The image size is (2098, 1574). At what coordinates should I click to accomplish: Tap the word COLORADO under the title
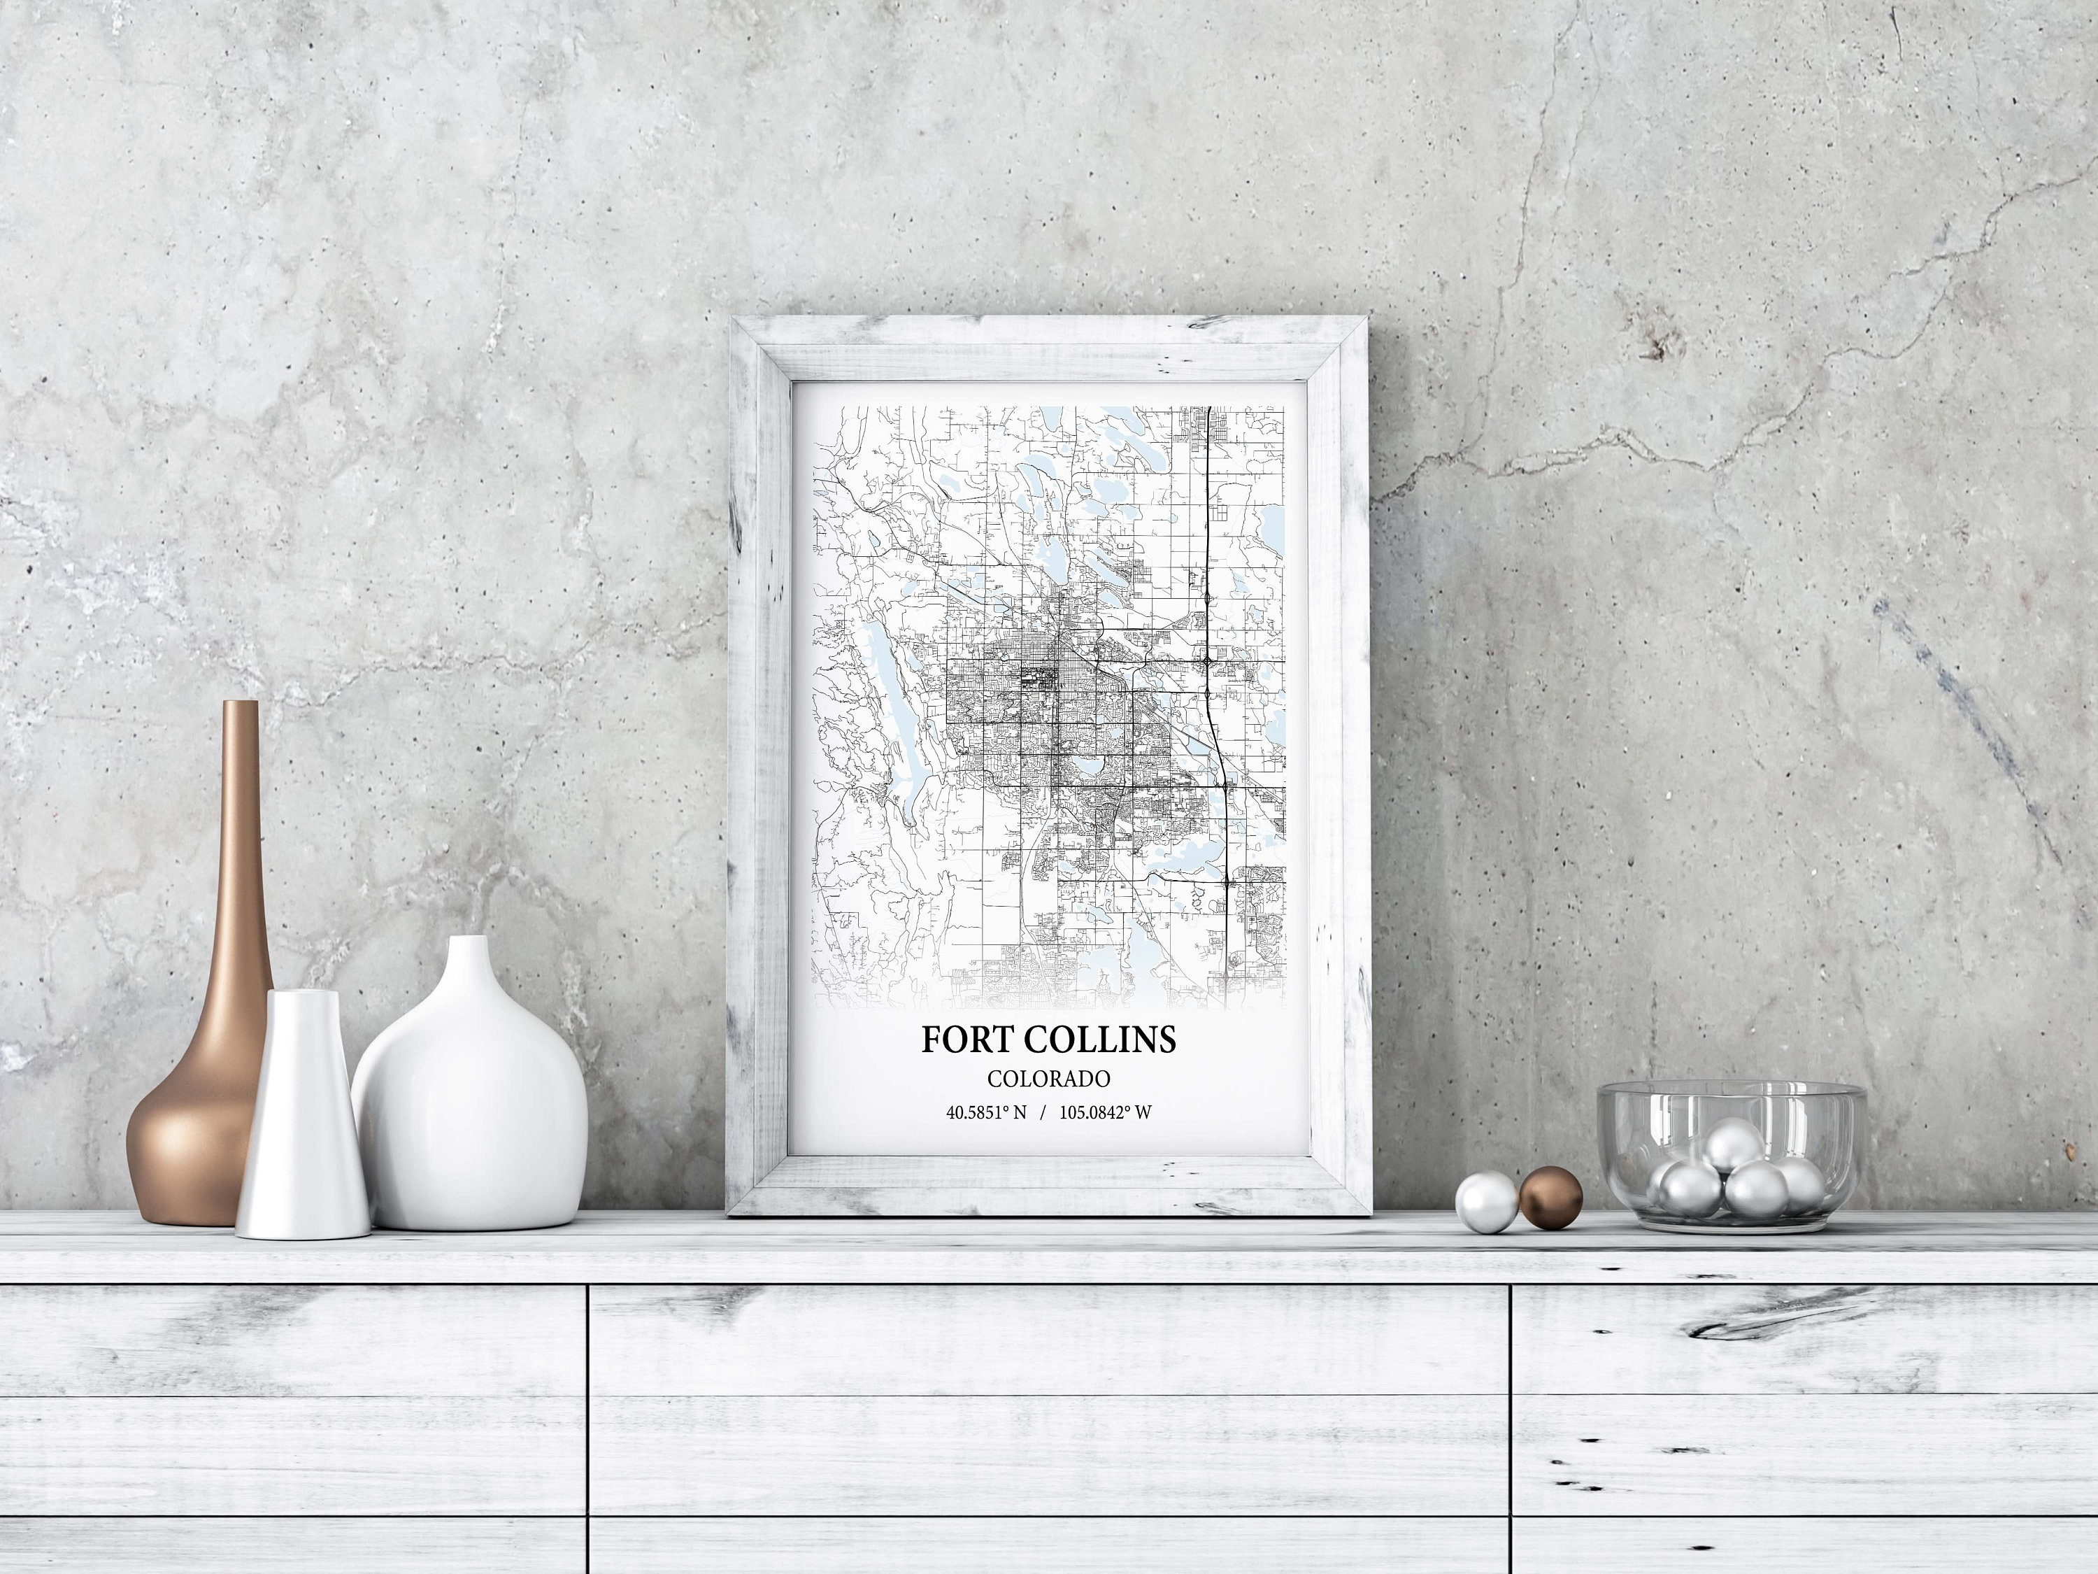point(1048,1079)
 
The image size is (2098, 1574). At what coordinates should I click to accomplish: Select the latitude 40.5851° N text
point(986,1112)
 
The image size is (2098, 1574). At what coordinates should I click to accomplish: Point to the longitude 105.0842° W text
point(1105,1112)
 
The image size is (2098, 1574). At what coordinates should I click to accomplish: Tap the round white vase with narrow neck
point(469,1100)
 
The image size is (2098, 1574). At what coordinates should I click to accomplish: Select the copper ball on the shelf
point(1550,1198)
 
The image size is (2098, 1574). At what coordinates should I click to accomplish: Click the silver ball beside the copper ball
point(1486,1202)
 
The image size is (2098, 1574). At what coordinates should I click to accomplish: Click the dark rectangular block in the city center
point(1031,679)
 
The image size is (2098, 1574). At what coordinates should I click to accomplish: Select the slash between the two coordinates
point(1043,1112)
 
